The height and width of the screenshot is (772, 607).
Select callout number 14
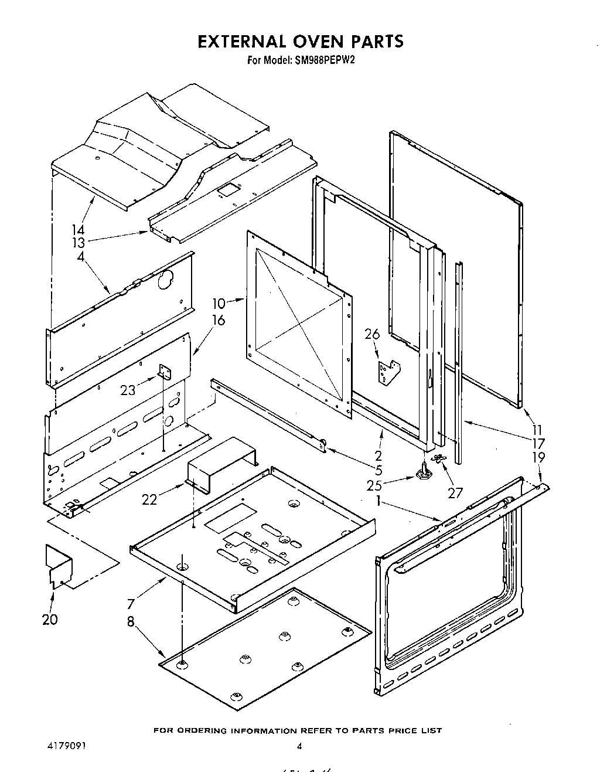click(x=78, y=230)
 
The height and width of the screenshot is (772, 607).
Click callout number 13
click(x=78, y=243)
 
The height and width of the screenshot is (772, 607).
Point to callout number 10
click(x=218, y=303)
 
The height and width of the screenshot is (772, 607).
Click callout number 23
click(x=128, y=390)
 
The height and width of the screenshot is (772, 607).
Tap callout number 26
click(x=372, y=334)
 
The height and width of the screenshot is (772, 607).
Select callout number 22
click(x=150, y=499)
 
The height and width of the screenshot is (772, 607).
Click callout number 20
click(x=50, y=619)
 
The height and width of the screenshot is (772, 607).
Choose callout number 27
click(x=455, y=493)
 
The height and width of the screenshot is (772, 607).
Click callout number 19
click(x=538, y=457)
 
